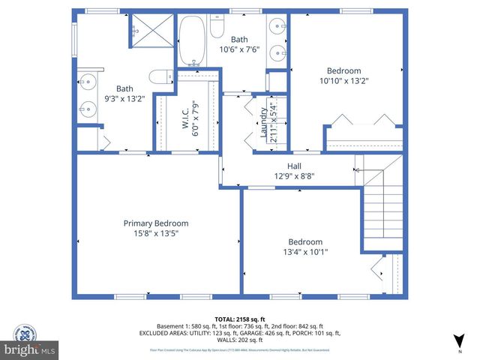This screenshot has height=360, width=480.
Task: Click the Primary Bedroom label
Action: tap(156, 223)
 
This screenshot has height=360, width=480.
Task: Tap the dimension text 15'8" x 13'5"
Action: tap(156, 234)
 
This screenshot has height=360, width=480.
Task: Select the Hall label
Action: tap(295, 166)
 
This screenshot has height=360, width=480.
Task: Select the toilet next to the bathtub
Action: tap(217, 28)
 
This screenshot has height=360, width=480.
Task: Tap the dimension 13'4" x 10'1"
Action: tap(305, 253)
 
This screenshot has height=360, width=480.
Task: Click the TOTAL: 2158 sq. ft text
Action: tap(240, 319)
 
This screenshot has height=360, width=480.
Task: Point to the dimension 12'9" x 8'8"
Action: tap(295, 177)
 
